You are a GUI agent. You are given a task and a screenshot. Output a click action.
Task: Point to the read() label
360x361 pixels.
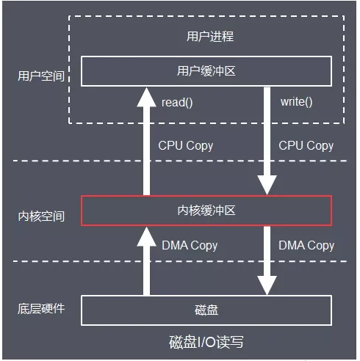click(177, 102)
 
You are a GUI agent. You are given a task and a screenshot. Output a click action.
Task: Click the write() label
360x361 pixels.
click(296, 102)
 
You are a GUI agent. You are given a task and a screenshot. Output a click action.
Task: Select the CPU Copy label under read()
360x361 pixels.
click(185, 145)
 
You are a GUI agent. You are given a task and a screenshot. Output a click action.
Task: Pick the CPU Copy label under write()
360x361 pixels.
click(306, 145)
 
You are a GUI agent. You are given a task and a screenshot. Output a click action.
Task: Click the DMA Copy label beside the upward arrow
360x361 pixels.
click(190, 245)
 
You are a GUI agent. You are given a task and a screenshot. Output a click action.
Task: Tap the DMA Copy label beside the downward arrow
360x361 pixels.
click(306, 245)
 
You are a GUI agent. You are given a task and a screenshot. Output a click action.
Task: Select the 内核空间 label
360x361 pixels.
click(41, 216)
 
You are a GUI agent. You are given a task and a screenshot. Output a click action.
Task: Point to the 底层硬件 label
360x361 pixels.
click(41, 307)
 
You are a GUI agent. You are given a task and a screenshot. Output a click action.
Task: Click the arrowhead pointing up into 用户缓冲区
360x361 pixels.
click(145, 95)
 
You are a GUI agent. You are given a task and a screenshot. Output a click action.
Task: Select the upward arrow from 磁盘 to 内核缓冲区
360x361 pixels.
click(145, 264)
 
